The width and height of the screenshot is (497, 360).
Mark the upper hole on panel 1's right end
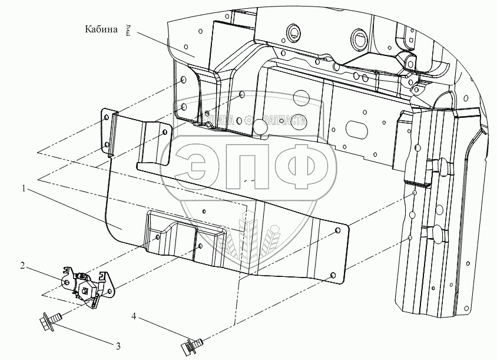[x=337, y=230]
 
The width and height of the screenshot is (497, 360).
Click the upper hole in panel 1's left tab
[x=106, y=118]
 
